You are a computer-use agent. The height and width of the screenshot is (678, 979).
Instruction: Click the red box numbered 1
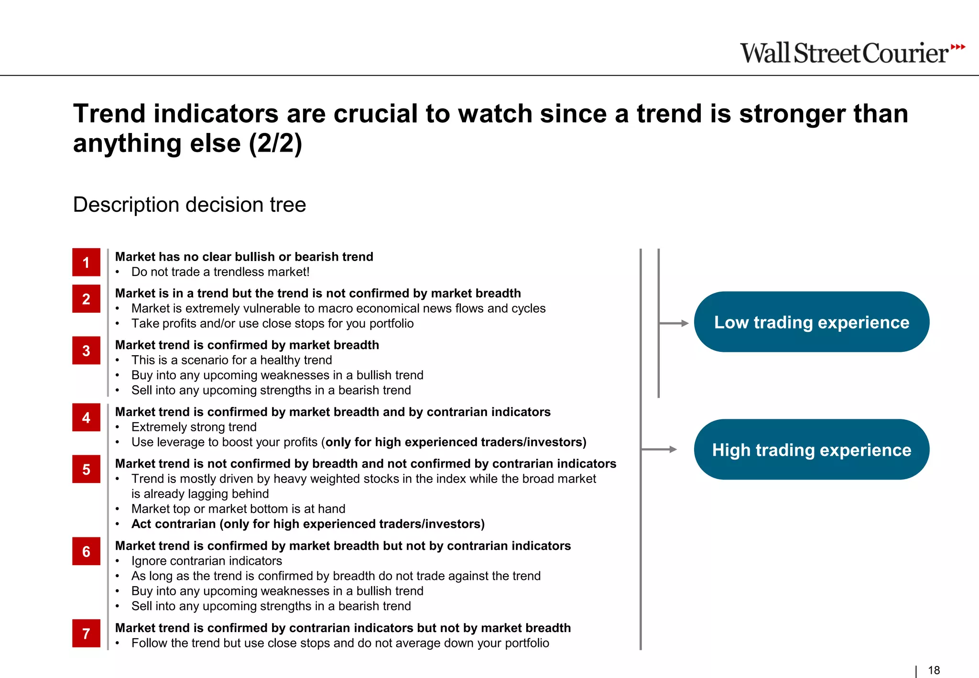click(x=86, y=262)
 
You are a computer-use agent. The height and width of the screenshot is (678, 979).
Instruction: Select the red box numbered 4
click(x=86, y=417)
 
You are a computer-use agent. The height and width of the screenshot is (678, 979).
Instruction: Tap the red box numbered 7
click(x=86, y=633)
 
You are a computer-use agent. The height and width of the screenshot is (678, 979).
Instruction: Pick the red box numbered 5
click(x=86, y=469)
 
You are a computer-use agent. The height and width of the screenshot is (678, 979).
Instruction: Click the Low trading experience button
click(x=811, y=322)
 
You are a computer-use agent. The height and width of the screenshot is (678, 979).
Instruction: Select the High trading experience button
click(x=811, y=449)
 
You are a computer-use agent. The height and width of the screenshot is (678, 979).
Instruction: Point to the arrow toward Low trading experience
click(x=674, y=323)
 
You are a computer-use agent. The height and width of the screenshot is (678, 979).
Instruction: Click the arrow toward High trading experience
click(x=660, y=449)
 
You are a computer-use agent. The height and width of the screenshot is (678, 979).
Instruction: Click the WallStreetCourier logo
click(x=844, y=53)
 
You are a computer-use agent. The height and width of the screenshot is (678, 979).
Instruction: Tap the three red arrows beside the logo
click(x=957, y=47)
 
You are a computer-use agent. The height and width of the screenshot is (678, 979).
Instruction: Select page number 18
click(x=934, y=670)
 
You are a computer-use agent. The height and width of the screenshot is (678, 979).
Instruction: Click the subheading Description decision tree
click(x=189, y=205)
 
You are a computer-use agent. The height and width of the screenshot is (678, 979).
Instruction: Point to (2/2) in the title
click(x=275, y=143)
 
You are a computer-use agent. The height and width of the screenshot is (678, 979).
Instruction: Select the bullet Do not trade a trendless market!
click(x=220, y=272)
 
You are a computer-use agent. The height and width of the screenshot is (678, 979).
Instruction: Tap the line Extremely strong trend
click(x=194, y=427)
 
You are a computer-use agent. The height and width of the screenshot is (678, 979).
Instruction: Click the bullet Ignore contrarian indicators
click(x=207, y=561)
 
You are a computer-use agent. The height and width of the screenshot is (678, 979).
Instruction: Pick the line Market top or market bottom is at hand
click(x=238, y=509)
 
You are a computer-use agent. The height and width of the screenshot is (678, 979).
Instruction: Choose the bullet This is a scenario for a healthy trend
click(x=231, y=360)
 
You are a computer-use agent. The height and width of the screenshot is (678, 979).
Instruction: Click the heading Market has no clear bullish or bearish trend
click(x=244, y=257)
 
